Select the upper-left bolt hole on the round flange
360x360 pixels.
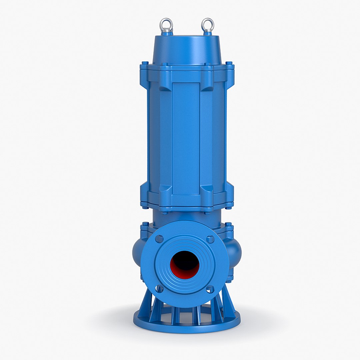pyautogui.click(x=159, y=239)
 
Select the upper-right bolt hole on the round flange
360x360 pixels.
pyautogui.click(x=210, y=239)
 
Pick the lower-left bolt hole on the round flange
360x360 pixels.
pyautogui.click(x=159, y=289)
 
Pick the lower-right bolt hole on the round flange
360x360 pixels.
pyautogui.click(x=210, y=289)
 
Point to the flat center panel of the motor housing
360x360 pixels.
pyautogui.click(x=186, y=137)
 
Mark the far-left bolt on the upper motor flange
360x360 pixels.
pyautogui.click(x=145, y=63)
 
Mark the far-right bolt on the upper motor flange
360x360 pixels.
pyautogui.click(x=229, y=63)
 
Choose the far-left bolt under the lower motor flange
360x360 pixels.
pyautogui.click(x=145, y=207)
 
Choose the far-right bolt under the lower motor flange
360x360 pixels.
pyautogui.click(x=229, y=207)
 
